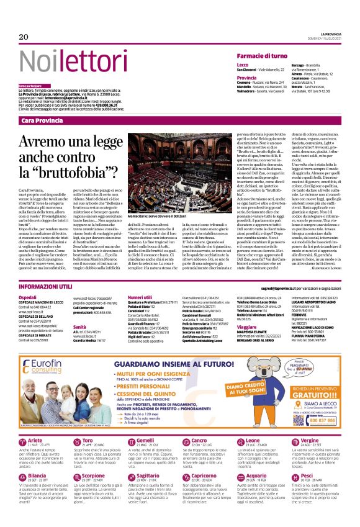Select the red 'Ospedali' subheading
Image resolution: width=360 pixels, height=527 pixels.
27,297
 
